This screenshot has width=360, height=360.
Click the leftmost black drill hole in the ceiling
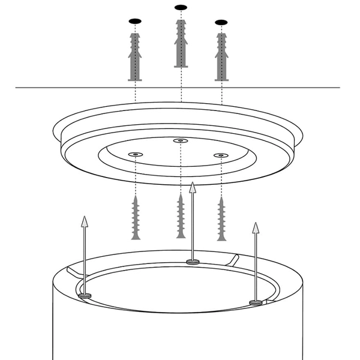click(x=135, y=22)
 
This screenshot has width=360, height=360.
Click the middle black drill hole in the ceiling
click(x=181, y=8)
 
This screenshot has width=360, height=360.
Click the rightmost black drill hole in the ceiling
click(x=221, y=23)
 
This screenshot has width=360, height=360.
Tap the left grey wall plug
click(x=135, y=57)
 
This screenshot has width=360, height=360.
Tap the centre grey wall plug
click(x=181, y=43)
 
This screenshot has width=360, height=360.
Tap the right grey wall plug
click(x=221, y=58)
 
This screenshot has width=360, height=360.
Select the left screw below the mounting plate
click(x=136, y=217)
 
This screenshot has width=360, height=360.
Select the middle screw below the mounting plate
click(x=181, y=216)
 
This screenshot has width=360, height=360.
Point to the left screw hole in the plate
click(x=135, y=154)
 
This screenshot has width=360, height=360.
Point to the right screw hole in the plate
click(x=221, y=155)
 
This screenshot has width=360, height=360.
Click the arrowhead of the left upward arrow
click(x=85, y=221)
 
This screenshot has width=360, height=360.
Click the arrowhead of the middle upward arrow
click(x=193, y=187)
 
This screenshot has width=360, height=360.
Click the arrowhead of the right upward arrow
click(x=256, y=228)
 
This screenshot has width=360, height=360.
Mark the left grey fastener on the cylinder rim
click(x=85, y=295)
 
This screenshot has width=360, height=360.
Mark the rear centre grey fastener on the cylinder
click(x=193, y=262)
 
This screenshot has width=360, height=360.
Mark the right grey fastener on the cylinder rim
click(x=256, y=302)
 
